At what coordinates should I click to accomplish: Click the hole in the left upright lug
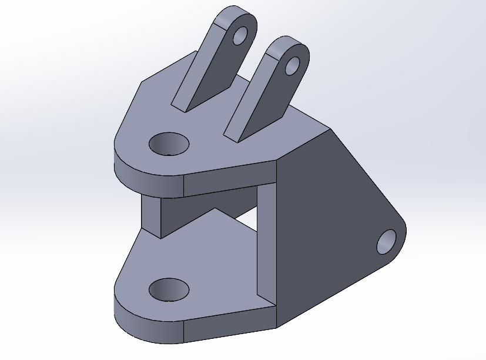pyautogui.click(x=240, y=36)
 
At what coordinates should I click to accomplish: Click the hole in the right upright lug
pyautogui.click(x=292, y=66)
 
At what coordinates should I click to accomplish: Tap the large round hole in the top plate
pyautogui.click(x=169, y=144)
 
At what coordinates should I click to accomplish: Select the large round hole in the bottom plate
pyautogui.click(x=169, y=289)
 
